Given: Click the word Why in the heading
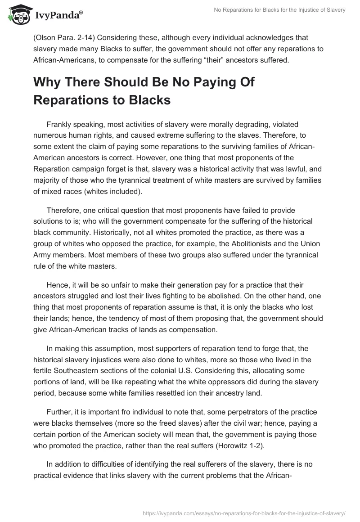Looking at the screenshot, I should click(51, 82).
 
